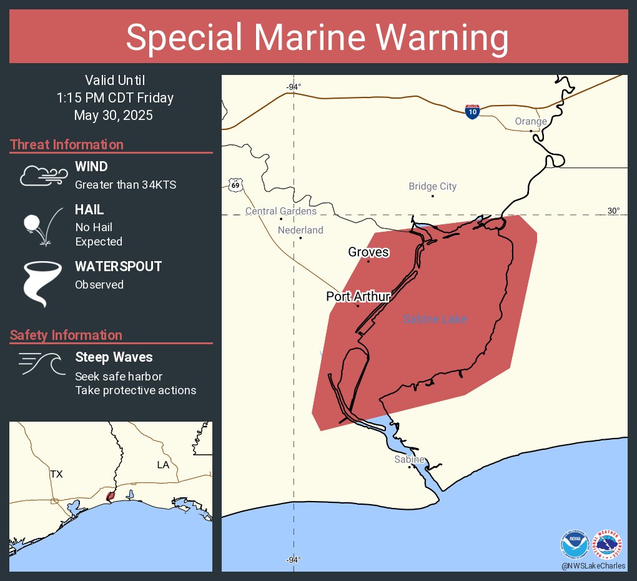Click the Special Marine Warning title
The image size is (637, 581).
tap(318, 37)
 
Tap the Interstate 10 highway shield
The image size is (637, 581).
tap(472, 112)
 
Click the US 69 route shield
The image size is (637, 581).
tap(235, 184)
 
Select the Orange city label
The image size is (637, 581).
tap(531, 121)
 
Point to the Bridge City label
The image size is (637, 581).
tap(432, 186)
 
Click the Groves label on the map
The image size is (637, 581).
tap(368, 252)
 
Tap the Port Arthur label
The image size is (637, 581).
tap(358, 297)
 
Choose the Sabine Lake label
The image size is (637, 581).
tap(435, 319)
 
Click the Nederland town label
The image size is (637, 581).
tap(300, 230)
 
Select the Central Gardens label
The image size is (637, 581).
tap(280, 211)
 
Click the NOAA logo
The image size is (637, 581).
tap(575, 544)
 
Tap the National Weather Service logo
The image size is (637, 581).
tap(608, 544)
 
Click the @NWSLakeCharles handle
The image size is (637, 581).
tap(593, 566)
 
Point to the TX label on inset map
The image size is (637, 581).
tap(56, 474)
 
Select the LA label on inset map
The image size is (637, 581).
tap(162, 465)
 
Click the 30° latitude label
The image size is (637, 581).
tap(614, 211)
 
